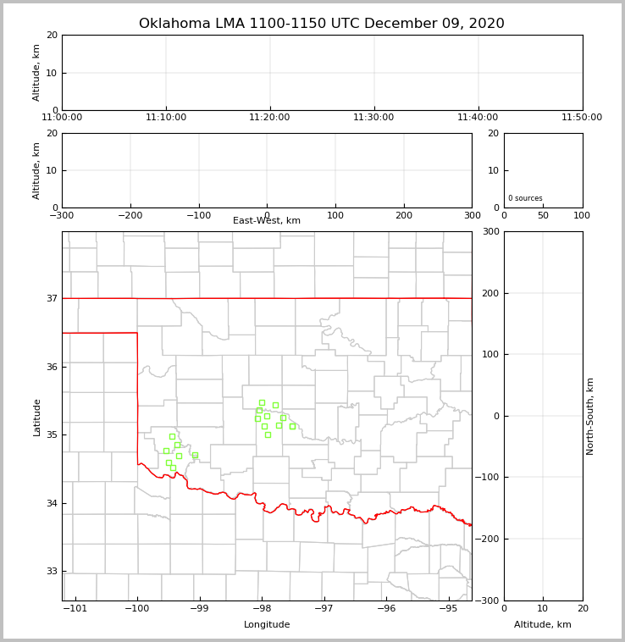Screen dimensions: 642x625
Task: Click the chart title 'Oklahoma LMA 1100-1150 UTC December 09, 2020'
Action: [x=321, y=24]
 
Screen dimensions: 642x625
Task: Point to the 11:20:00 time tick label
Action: [x=270, y=118]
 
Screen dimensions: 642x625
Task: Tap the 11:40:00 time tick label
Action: [x=478, y=118]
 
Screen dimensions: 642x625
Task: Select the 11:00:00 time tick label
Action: [x=62, y=118]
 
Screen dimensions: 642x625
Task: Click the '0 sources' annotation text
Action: [x=525, y=198]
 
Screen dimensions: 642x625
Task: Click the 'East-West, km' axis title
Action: [x=267, y=221]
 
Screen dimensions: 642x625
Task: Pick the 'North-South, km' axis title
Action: [x=591, y=416]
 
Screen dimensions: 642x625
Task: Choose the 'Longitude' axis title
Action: [x=267, y=625]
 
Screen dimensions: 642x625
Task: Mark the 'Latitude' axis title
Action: [x=36, y=417]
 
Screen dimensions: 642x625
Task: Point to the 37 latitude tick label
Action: [x=51, y=298]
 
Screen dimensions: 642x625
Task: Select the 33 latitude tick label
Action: [x=51, y=571]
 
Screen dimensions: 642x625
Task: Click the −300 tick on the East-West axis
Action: [x=62, y=215]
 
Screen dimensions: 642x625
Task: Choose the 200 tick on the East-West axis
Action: [x=404, y=215]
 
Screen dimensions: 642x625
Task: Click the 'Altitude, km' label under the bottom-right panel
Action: [x=543, y=625]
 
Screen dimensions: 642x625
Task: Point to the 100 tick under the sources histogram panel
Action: [x=582, y=215]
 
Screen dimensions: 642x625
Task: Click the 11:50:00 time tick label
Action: [x=582, y=118]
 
